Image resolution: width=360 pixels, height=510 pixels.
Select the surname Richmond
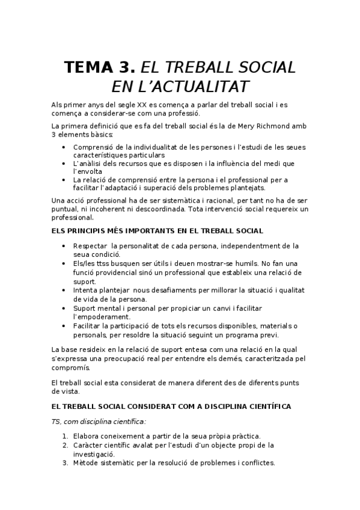point(266,126)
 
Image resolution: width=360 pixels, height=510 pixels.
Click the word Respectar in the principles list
point(90,246)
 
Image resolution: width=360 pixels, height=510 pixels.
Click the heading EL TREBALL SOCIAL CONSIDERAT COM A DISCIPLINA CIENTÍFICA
point(171,407)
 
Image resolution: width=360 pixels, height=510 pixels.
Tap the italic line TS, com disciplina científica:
point(99,422)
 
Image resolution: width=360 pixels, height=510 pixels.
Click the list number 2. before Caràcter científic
point(65,445)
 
